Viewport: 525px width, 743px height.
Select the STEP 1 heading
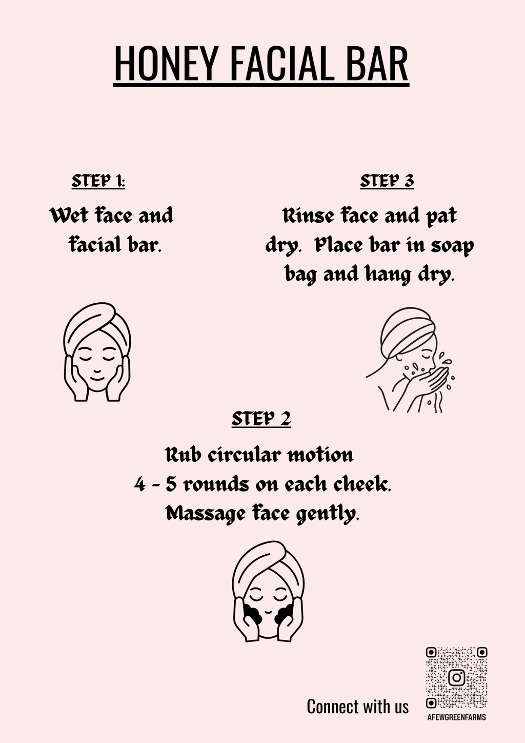tap(98, 181)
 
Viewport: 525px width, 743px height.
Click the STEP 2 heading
tap(261, 419)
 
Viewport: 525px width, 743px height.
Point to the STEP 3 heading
tap(387, 181)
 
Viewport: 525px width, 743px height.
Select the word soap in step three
tap(452, 245)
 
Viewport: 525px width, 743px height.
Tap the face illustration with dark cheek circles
tap(268, 591)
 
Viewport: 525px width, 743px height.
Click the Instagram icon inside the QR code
tap(456, 677)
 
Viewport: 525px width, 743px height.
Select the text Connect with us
tap(357, 707)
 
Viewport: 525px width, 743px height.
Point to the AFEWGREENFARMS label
tap(456, 717)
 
